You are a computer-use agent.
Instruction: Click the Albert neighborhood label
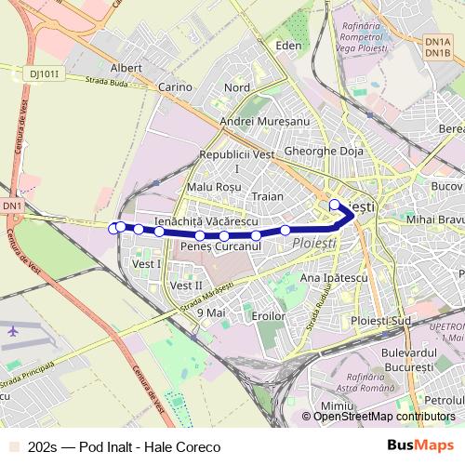(x=126, y=68)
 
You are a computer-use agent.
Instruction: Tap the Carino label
(x=174, y=86)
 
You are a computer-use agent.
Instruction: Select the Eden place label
(x=289, y=45)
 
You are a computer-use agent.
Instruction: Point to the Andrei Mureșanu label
(x=264, y=121)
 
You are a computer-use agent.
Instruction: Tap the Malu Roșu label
(x=213, y=186)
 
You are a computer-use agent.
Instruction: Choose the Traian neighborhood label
(x=267, y=197)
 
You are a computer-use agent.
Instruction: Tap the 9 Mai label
(x=212, y=312)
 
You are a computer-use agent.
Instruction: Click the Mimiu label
(x=334, y=407)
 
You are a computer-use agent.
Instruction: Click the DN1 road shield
(x=12, y=205)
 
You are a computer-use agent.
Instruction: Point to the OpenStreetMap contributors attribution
(x=384, y=418)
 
